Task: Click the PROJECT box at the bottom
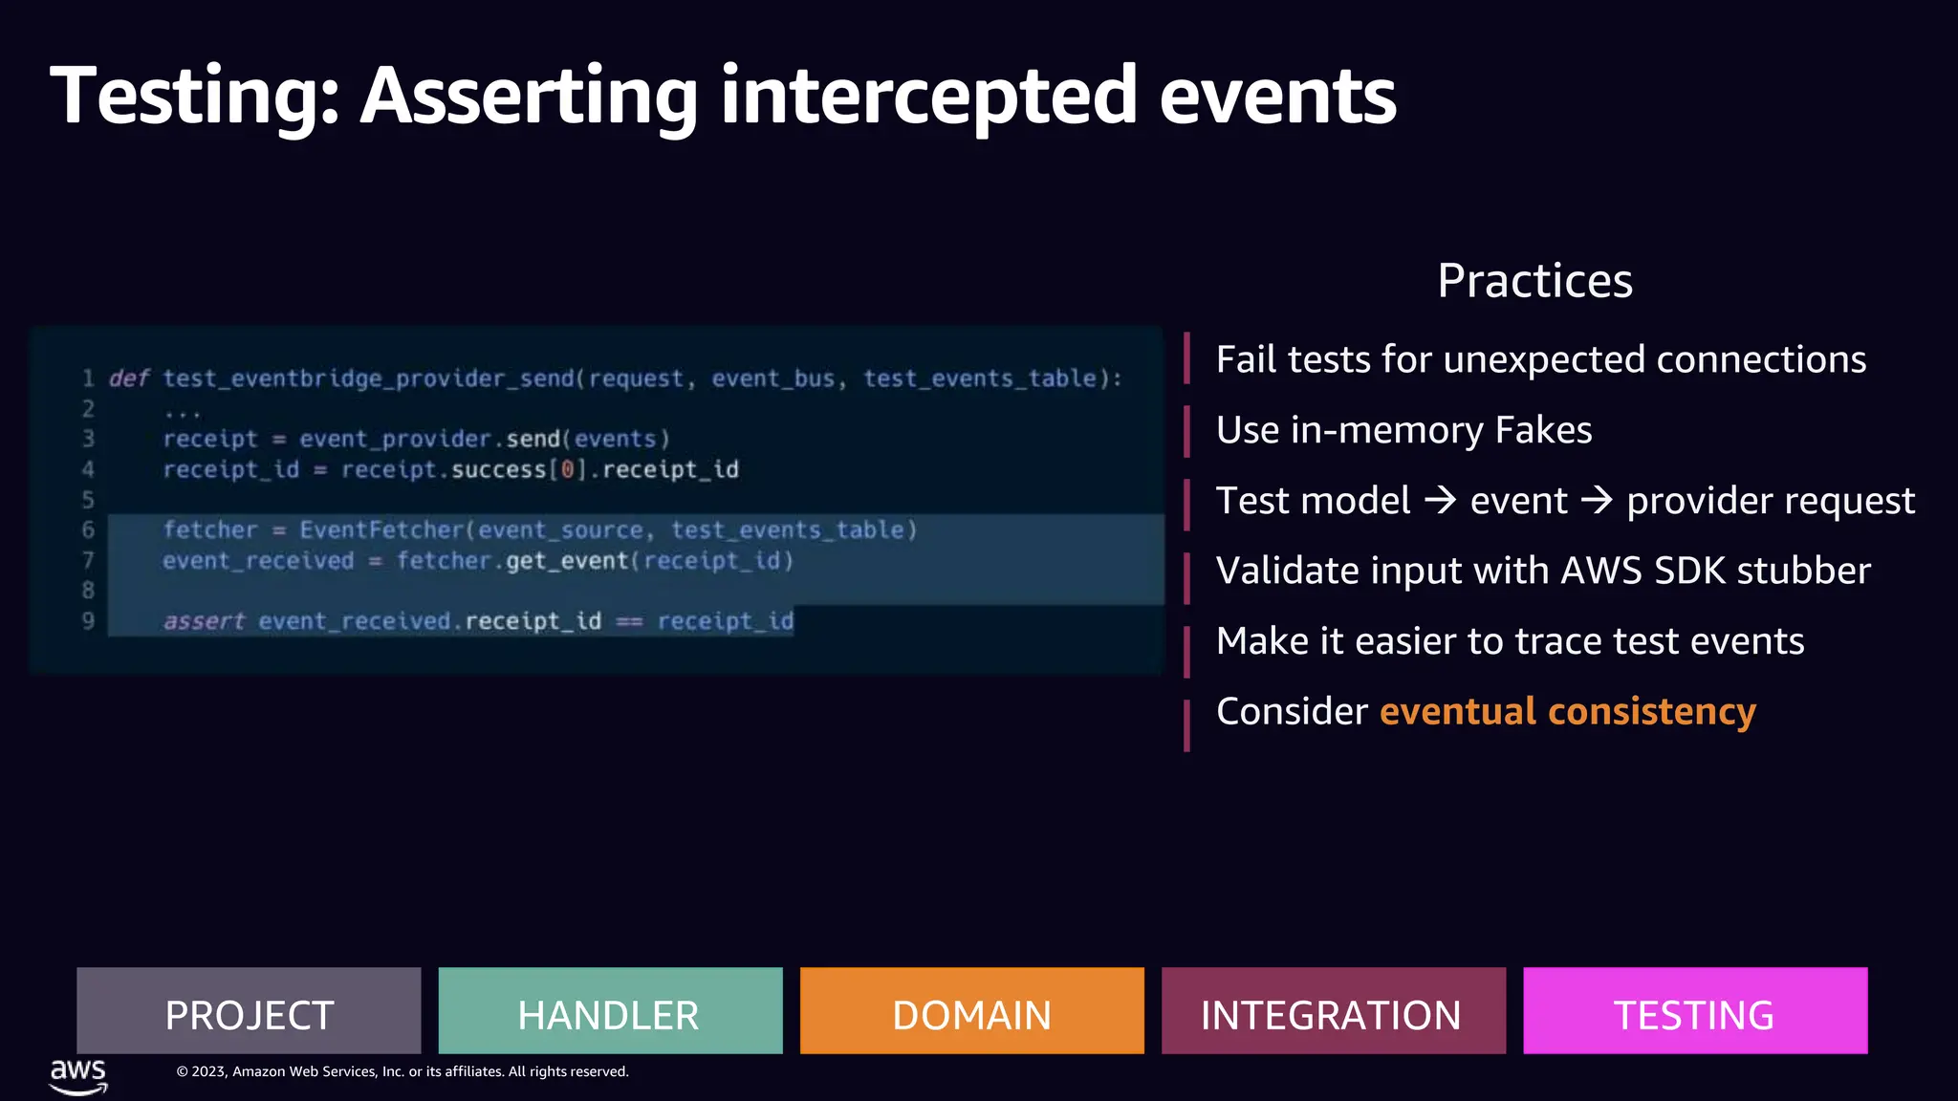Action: [249, 1011]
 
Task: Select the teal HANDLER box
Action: [610, 1011]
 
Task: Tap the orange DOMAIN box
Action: [971, 1011]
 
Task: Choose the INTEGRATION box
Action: [1333, 1011]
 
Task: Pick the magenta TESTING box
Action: [1694, 1011]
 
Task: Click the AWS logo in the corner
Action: [78, 1075]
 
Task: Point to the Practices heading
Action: [1534, 281]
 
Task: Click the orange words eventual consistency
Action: [1567, 712]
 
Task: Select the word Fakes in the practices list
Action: [1543, 430]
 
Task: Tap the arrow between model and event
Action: [1441, 500]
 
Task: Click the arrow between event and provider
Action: [1597, 500]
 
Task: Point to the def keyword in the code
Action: [129, 378]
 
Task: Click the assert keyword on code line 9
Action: [204, 621]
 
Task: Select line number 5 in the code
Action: [88, 500]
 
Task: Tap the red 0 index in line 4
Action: [568, 469]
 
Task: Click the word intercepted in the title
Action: [928, 96]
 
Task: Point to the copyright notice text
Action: [402, 1071]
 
